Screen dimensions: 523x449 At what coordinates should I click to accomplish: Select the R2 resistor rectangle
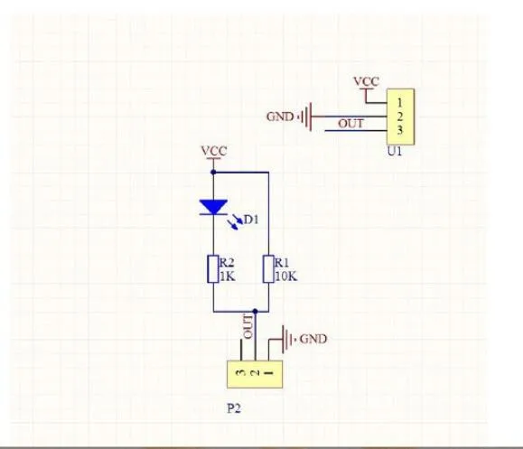click(213, 269)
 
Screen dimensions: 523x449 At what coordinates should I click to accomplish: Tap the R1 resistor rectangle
click(268, 269)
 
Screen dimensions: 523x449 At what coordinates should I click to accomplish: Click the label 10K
click(286, 276)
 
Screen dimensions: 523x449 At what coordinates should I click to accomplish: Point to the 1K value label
click(228, 276)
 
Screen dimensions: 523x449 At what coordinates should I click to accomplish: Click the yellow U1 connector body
click(400, 117)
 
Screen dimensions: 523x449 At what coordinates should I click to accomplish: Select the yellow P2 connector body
click(255, 374)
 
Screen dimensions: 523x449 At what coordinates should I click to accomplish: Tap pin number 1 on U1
click(400, 103)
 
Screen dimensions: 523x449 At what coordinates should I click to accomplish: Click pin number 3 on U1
click(400, 130)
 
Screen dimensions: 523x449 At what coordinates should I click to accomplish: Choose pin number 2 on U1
click(400, 117)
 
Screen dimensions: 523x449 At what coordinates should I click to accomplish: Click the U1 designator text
click(395, 152)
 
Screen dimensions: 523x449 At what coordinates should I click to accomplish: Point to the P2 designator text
click(234, 408)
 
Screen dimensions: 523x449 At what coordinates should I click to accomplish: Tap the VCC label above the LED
click(214, 151)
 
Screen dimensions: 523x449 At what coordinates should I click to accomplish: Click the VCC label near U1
click(366, 81)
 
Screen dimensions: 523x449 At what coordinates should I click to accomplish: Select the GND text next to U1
click(280, 117)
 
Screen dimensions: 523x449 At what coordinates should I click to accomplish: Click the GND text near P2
click(313, 340)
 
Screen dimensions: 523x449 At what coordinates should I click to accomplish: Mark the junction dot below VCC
click(213, 173)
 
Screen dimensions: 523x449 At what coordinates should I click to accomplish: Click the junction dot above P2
click(255, 312)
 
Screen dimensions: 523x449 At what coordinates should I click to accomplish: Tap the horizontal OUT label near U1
click(350, 124)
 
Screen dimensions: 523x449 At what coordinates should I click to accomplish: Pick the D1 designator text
click(251, 220)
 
